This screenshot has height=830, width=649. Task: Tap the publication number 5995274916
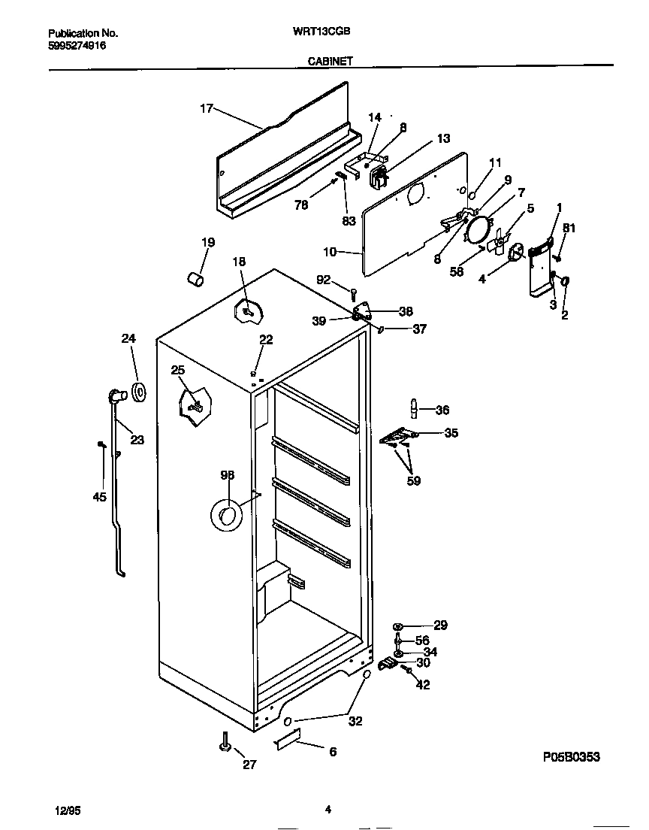77,45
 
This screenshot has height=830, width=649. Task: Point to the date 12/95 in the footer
67,810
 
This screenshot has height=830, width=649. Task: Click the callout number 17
206,108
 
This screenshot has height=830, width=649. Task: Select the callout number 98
227,474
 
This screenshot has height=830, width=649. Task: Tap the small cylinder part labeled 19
195,279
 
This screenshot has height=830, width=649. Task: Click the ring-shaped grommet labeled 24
139,392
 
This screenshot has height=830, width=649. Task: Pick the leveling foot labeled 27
224,744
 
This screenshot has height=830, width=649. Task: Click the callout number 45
100,497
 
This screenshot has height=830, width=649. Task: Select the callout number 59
413,480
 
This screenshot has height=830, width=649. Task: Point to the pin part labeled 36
413,407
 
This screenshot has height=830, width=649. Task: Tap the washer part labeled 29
397,626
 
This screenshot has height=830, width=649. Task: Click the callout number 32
355,721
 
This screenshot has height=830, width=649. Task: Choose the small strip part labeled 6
287,740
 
